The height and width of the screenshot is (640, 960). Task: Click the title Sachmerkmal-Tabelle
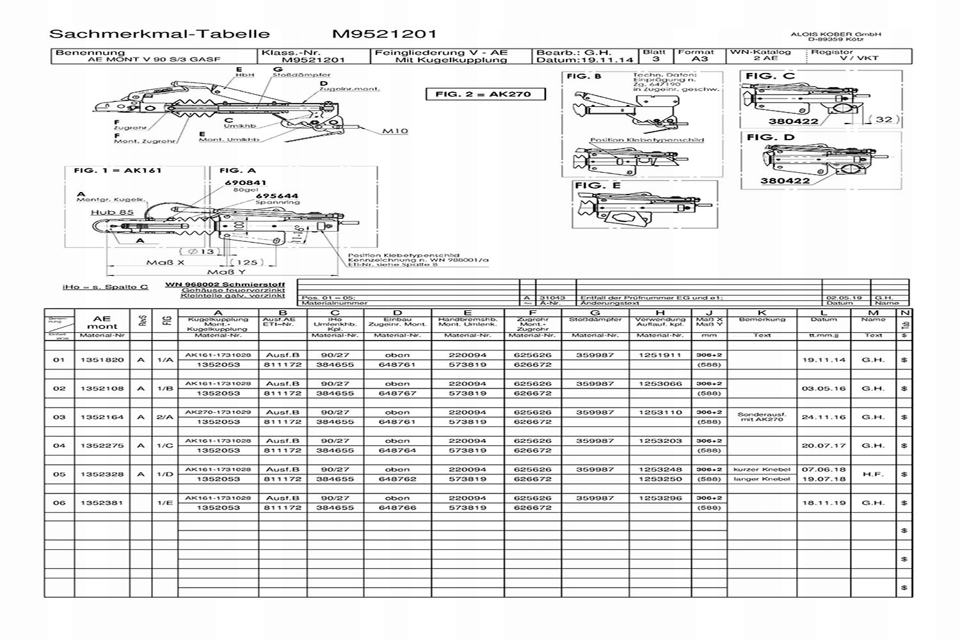pos(159,34)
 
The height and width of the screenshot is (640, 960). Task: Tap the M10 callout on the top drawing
pos(395,131)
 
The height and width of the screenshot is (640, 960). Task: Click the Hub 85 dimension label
pos(112,212)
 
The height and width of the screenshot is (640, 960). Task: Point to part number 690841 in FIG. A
pos(245,183)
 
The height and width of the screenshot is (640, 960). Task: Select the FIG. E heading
pos(598,186)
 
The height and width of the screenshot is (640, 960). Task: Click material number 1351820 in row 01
pos(102,360)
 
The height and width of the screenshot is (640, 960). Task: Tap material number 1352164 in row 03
pos(102,417)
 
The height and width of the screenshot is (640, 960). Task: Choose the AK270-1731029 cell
pos(218,412)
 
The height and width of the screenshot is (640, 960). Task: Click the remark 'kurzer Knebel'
pos(762,469)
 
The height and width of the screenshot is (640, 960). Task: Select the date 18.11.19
pos(824,503)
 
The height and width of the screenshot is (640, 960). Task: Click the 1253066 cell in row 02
pos(660,384)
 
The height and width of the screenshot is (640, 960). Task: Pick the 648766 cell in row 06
pos(397,508)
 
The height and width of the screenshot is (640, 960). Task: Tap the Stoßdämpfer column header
pos(595,319)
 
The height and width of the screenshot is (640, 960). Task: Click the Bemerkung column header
pos(762,319)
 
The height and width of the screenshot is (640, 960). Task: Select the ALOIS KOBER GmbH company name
pos(836,35)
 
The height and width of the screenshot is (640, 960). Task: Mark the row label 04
pos(59,445)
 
